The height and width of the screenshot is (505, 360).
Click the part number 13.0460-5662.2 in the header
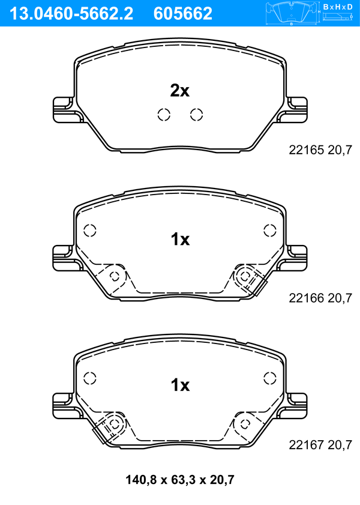(71, 14)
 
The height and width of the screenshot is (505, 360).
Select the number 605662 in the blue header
(183, 14)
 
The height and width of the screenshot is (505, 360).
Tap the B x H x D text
(338, 7)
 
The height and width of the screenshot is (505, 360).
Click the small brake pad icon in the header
(292, 13)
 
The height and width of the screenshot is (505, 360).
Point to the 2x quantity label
(180, 91)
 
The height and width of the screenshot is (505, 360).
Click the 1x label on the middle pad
(180, 240)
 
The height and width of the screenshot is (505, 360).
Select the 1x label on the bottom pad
(180, 385)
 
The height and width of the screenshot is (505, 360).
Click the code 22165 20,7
(320, 150)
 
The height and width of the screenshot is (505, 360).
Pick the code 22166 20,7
(320, 298)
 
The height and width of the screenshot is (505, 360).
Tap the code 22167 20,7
(320, 445)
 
